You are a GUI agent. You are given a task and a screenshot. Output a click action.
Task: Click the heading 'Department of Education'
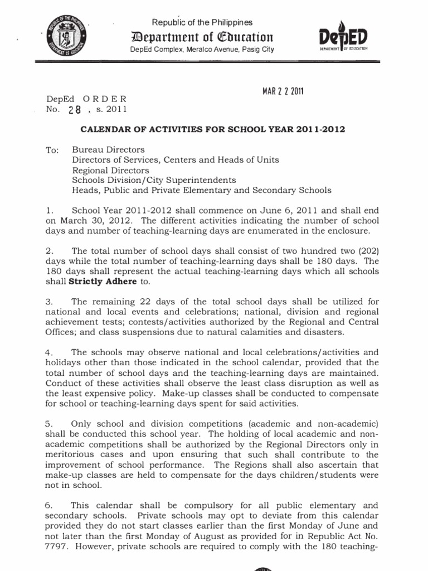(201, 37)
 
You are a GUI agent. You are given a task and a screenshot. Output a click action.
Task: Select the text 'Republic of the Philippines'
(202, 22)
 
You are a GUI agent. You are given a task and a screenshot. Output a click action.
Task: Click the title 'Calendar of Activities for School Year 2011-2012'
(213, 129)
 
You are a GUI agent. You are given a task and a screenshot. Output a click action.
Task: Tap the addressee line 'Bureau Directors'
(108, 150)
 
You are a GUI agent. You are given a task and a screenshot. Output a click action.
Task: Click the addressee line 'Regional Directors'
(110, 170)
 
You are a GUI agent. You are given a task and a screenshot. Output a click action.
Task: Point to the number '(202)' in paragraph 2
(368, 251)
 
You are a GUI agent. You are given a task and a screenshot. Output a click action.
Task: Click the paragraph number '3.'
(50, 302)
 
